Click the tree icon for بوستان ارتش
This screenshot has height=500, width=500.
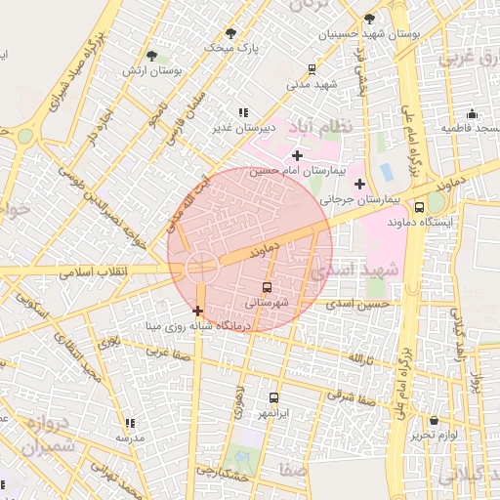pyautogui.click(x=150, y=56)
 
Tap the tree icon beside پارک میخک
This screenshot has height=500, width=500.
pyautogui.click(x=231, y=32)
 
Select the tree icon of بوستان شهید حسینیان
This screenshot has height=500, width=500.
pyautogui.click(x=369, y=19)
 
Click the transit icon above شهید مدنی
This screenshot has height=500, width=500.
pyautogui.click(x=312, y=69)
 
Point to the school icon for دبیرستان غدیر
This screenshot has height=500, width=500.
pyautogui.click(x=242, y=112)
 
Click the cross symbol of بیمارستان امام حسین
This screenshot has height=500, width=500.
pyautogui.click(x=297, y=155)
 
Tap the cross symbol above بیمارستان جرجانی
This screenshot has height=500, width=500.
pyautogui.click(x=360, y=184)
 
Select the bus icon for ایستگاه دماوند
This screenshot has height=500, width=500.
pyautogui.click(x=420, y=207)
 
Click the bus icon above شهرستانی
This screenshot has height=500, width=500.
pyautogui.click(x=268, y=287)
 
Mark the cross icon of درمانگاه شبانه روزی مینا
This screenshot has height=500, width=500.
pyautogui.click(x=198, y=311)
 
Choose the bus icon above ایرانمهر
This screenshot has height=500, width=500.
pyautogui.click(x=273, y=398)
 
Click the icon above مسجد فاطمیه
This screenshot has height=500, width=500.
pyautogui.click(x=473, y=113)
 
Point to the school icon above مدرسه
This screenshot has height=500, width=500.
pyautogui.click(x=130, y=424)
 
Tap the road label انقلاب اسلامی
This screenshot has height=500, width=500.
pyautogui.click(x=88, y=271)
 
